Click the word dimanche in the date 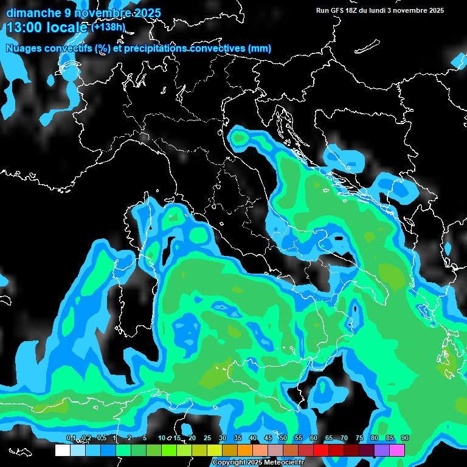pos(30,13)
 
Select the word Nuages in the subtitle pos(24,49)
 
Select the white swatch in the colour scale pos(62,451)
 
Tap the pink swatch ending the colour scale pos(397,451)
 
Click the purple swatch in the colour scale pos(382,451)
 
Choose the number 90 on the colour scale pos(404,438)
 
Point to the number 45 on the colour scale pos(268,438)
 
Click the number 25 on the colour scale pos(207,438)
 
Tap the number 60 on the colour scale pos(314,438)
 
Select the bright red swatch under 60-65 pos(321,451)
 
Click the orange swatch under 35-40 pos(245,451)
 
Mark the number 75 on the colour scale pos(359,438)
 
